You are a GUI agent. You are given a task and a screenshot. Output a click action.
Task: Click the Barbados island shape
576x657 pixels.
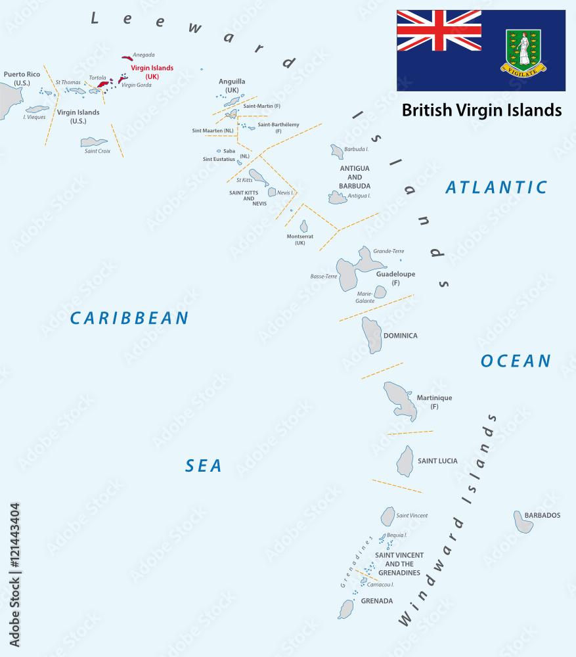(523, 522)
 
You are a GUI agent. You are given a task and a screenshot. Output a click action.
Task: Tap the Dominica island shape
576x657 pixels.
(371, 334)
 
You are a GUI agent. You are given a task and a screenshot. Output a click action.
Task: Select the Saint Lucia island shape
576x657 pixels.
(405, 461)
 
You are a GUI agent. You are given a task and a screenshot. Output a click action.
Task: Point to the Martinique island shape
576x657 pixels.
(401, 399)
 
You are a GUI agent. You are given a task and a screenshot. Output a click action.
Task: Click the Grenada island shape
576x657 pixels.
(346, 609)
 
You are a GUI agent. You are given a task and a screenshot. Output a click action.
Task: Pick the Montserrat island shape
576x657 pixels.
(303, 226)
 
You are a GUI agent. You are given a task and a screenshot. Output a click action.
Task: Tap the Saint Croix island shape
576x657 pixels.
(93, 142)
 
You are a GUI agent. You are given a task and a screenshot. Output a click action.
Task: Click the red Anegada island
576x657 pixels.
(127, 58)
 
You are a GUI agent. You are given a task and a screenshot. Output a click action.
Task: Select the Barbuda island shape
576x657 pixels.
(337, 152)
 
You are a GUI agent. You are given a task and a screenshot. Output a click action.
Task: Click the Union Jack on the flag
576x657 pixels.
(439, 30)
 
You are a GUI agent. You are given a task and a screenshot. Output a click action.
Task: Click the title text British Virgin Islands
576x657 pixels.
(481, 110)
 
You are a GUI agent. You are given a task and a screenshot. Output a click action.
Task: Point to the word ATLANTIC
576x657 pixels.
(496, 187)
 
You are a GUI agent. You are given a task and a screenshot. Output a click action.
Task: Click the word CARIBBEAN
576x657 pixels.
(129, 318)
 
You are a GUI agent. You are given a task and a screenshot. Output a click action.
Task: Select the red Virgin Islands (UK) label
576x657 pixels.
(152, 72)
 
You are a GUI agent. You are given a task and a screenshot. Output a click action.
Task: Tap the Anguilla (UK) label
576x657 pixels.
(232, 85)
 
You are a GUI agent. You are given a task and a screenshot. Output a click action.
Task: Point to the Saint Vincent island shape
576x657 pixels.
(388, 516)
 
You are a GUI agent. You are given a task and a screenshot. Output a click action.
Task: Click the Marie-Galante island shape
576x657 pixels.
(380, 292)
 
